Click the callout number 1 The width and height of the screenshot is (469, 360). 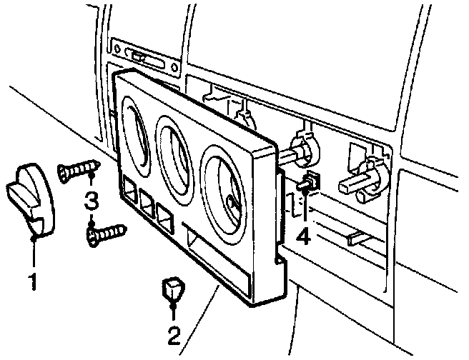pyautogui.click(x=33, y=281)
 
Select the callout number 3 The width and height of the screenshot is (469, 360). pyautogui.click(x=91, y=202)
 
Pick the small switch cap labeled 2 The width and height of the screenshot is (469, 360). pyautogui.click(x=173, y=289)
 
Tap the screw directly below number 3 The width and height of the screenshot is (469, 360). pyautogui.click(x=106, y=233)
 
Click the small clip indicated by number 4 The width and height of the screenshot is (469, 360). pyautogui.click(x=308, y=184)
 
